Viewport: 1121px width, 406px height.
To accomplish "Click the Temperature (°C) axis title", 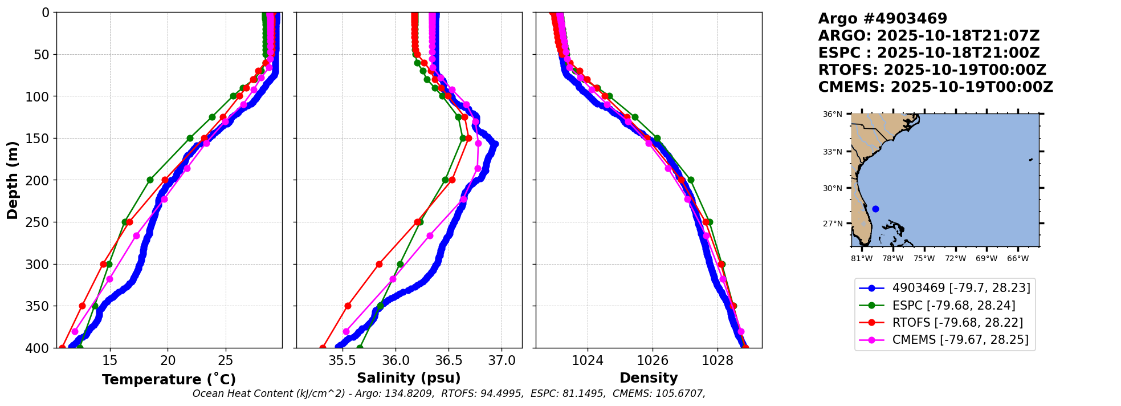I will click(169, 380).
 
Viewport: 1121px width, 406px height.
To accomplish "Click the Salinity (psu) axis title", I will click(409, 378).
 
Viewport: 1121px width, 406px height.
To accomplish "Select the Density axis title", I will click(649, 378).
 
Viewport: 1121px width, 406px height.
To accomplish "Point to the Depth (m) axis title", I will click(13, 180).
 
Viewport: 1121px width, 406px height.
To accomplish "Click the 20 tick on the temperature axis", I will click(168, 361).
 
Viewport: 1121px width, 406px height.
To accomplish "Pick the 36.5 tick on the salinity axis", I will click(448, 361).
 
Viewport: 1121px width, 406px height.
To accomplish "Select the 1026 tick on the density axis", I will click(652, 361).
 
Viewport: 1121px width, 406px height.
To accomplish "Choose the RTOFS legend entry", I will click(957, 323).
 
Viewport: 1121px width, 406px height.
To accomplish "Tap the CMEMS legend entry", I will click(960, 340).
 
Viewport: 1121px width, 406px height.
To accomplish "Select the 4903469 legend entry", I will click(961, 288).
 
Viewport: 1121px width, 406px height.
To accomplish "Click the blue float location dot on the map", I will click(875, 209).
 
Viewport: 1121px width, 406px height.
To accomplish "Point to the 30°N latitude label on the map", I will click(832, 188).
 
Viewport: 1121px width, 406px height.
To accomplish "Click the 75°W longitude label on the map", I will click(924, 258).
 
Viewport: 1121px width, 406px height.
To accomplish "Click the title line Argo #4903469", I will click(882, 19).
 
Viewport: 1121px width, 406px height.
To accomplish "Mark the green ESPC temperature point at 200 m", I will click(150, 180).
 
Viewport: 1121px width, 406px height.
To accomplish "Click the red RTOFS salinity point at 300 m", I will click(379, 264).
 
